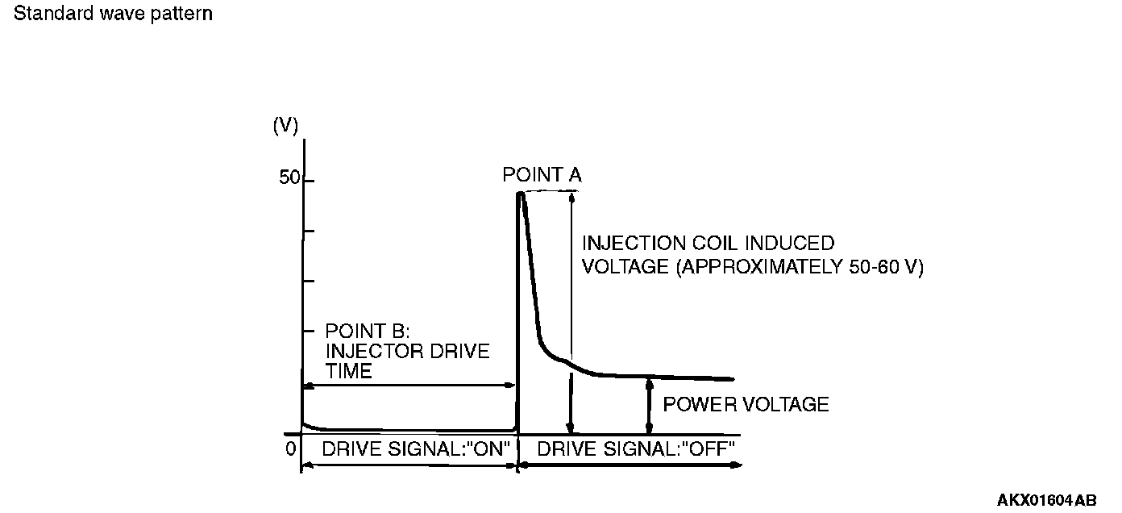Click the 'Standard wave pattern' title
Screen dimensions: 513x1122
coord(113,15)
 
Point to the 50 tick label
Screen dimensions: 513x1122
coord(289,178)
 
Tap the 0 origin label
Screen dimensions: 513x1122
coord(290,448)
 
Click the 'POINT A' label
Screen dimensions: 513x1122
coord(542,174)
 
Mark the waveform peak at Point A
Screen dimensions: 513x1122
coord(521,194)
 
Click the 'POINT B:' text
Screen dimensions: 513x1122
coord(368,332)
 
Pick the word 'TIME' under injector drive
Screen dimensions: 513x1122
coord(349,371)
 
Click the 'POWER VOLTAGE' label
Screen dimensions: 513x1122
coord(746,404)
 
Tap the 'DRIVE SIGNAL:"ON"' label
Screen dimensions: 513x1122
coord(418,449)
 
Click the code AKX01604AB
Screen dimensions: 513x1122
coord(1047,501)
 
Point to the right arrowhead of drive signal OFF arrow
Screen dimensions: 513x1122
coord(737,465)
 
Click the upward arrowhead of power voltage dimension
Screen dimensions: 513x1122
coord(648,384)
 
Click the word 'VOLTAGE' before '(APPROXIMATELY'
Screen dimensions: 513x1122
coord(620,267)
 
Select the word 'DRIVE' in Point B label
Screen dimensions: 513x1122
coord(461,352)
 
